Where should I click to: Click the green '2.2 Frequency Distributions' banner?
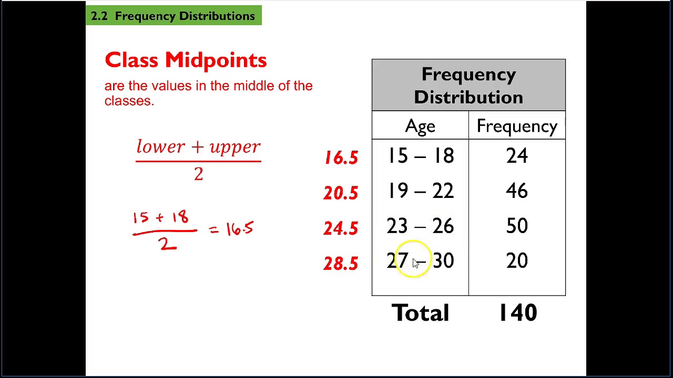(x=174, y=16)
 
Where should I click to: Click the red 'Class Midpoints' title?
(x=186, y=60)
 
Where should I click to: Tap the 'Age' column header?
(x=420, y=126)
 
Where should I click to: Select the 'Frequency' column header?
(x=517, y=126)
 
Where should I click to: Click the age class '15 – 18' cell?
(x=420, y=156)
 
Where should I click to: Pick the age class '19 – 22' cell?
(x=420, y=191)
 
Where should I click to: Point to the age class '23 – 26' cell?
(x=420, y=226)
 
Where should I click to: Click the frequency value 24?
(x=517, y=156)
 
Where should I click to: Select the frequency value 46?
(x=517, y=191)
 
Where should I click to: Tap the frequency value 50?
(x=517, y=226)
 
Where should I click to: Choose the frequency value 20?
(x=517, y=261)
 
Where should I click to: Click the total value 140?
(x=518, y=313)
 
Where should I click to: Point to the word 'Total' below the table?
(x=420, y=313)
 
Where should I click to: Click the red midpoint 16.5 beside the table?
(x=341, y=158)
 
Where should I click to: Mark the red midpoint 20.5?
(x=341, y=193)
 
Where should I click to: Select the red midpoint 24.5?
(x=341, y=228)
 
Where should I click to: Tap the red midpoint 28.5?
(x=341, y=264)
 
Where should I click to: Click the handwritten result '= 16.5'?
(x=232, y=229)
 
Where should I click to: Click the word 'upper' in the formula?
(x=235, y=147)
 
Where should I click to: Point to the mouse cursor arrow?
(x=416, y=264)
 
